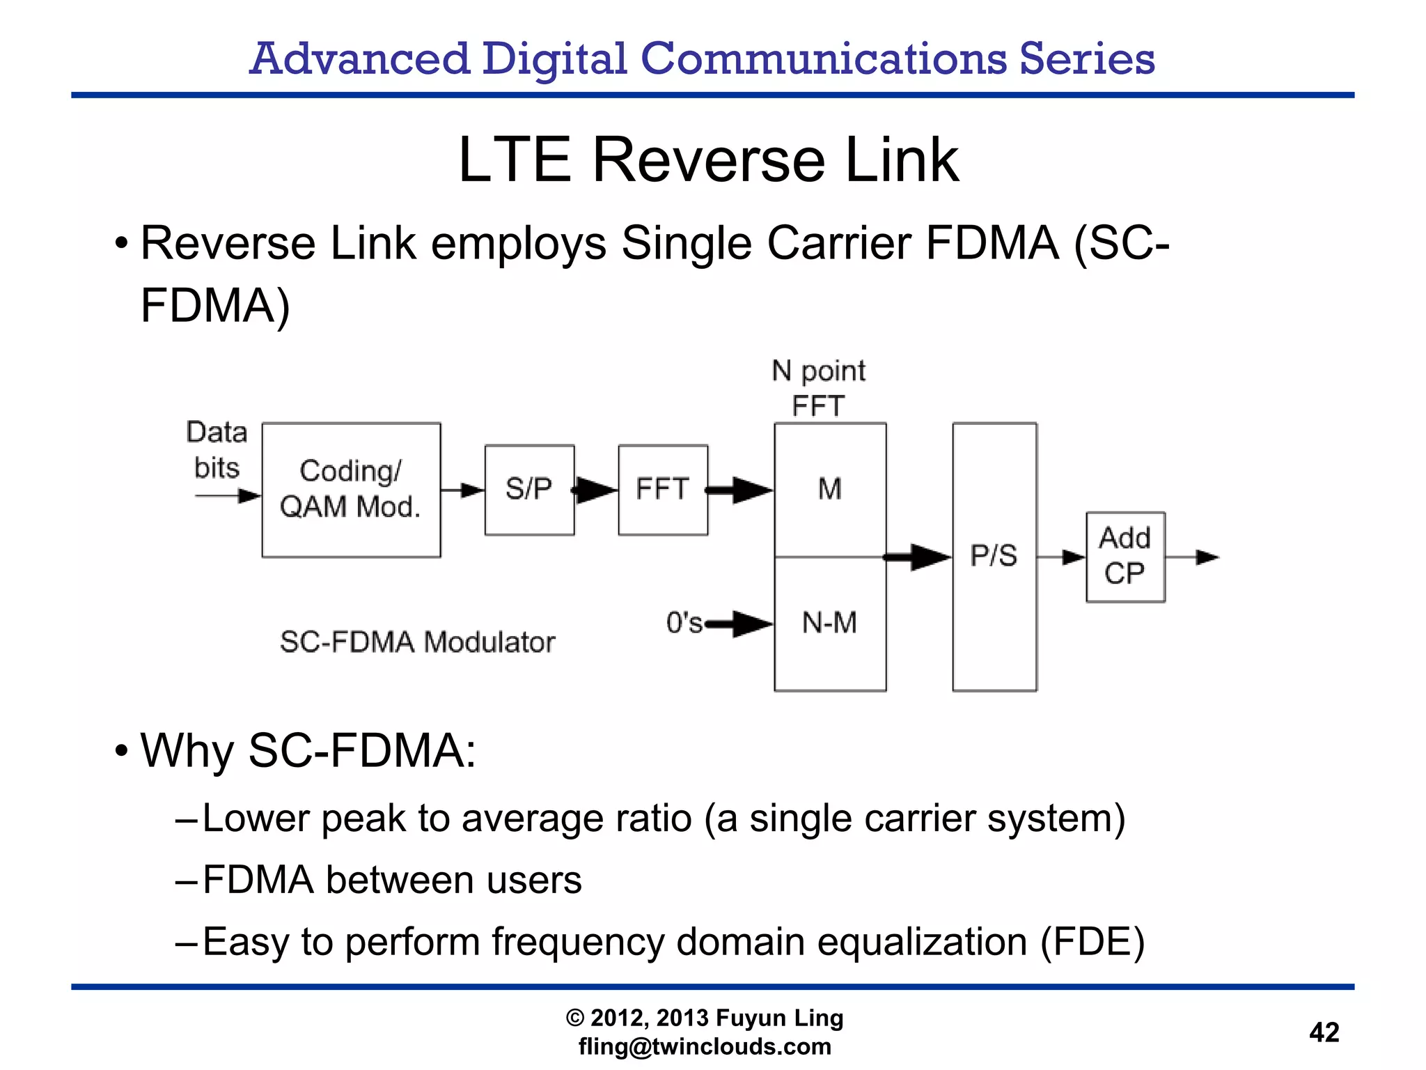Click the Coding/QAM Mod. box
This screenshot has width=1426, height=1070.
tap(351, 490)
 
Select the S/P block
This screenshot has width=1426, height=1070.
tap(529, 490)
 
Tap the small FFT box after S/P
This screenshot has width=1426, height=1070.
tap(663, 490)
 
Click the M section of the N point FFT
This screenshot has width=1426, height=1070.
tap(830, 490)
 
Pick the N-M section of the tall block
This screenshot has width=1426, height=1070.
tap(830, 623)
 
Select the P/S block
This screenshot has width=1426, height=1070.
tap(994, 557)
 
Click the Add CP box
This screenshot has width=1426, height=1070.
tap(1125, 557)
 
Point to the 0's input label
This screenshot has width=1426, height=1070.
tap(684, 623)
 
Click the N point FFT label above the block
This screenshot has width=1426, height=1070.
tap(819, 388)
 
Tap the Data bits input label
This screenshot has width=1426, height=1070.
tap(217, 449)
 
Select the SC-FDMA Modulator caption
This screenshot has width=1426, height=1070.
tap(418, 642)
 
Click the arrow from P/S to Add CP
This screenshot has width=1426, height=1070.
tap(1061, 557)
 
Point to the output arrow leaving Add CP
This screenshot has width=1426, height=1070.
tap(1192, 557)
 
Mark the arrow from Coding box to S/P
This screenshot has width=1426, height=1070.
tap(462, 490)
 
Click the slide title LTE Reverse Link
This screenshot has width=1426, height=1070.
tap(709, 160)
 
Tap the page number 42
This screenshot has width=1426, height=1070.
tap(1324, 1032)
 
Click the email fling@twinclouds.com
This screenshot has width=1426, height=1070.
tap(705, 1046)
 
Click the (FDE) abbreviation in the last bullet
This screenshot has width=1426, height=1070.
tap(1092, 942)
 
